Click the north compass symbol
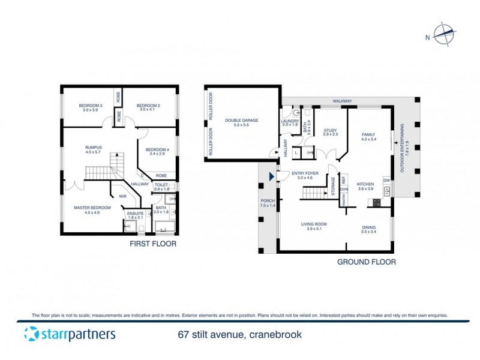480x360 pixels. pyautogui.click(x=445, y=35)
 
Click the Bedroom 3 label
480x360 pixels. pyautogui.click(x=91, y=108)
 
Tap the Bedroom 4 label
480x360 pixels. pyautogui.click(x=158, y=151)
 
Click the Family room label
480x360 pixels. pyautogui.click(x=368, y=137)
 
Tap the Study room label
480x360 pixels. pyautogui.click(x=331, y=132)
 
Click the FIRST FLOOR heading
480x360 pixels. pyautogui.click(x=152, y=244)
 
